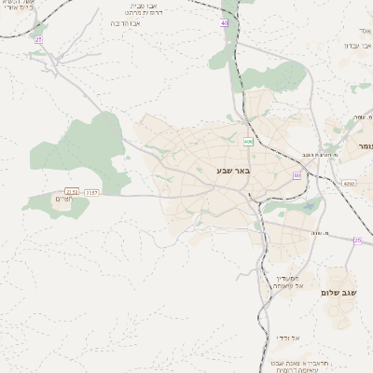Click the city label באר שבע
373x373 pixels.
click(233, 171)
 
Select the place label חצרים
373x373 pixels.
click(62, 199)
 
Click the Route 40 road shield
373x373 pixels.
click(225, 22)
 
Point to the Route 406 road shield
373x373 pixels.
click(248, 142)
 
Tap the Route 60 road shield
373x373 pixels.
click(297, 175)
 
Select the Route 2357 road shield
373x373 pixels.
click(91, 192)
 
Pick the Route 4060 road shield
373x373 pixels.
click(349, 184)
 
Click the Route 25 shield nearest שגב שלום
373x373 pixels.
click(357, 241)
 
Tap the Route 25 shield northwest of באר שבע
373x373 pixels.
click(38, 40)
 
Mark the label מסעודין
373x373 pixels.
click(287, 278)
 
